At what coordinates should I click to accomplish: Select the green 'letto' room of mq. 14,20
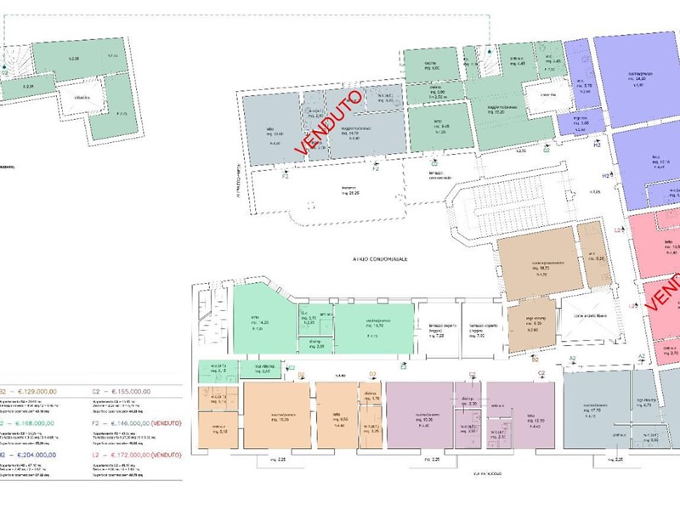click(x=263, y=320)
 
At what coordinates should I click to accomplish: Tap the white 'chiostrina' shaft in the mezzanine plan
click(x=82, y=99)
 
